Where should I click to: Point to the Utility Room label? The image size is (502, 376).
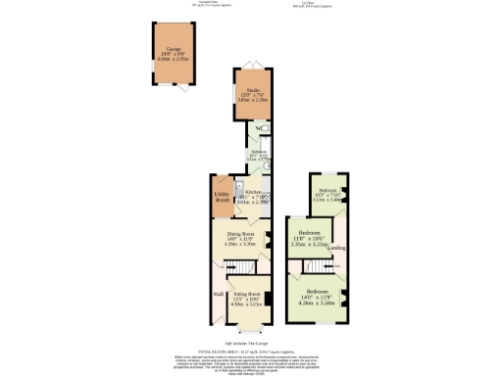(222, 197)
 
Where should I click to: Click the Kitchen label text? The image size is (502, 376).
(252, 192)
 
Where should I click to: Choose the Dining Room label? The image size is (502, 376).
(241, 235)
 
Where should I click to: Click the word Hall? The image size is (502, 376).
(220, 291)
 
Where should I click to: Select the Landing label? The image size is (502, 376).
(336, 248)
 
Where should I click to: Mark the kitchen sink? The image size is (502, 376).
(238, 185)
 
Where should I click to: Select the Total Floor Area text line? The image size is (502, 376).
(251, 350)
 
